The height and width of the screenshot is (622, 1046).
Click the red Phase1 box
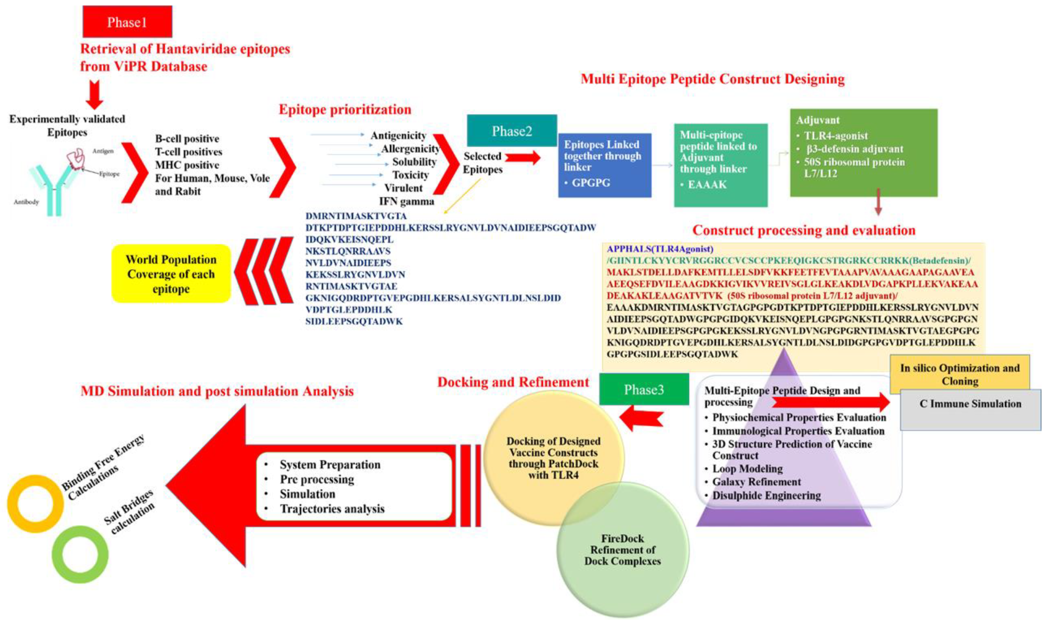click(127, 22)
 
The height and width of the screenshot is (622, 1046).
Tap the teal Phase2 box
click(511, 131)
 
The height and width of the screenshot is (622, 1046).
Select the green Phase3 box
click(644, 389)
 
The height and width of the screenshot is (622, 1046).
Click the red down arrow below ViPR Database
click(94, 95)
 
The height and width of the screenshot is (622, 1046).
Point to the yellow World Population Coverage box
click(171, 274)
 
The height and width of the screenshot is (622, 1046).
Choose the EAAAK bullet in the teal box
click(707, 184)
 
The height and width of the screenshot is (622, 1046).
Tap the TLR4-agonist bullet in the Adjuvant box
click(836, 135)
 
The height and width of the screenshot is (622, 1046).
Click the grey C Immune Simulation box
click(970, 404)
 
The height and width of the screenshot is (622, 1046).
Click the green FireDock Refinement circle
click(623, 550)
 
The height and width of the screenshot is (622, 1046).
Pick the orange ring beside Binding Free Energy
click(35, 503)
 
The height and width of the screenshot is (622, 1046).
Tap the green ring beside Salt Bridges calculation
click(80, 554)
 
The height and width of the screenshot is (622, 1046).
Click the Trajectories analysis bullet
click(332, 508)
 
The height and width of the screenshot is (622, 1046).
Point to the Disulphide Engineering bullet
click(766, 495)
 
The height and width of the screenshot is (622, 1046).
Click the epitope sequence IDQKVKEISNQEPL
click(349, 240)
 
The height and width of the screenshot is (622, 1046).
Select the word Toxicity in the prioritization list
click(410, 175)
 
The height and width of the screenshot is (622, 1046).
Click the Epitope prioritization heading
click(345, 109)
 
